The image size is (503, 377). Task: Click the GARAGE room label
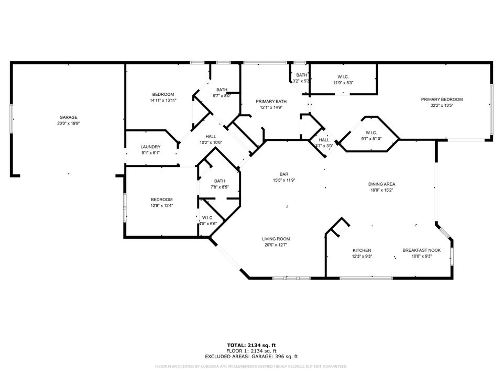(69, 118)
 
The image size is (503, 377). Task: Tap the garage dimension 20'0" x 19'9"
(69, 124)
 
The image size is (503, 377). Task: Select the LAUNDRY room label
(150, 147)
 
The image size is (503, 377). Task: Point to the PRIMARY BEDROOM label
(442, 99)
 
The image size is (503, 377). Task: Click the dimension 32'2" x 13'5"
(442, 105)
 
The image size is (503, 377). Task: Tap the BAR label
(285, 174)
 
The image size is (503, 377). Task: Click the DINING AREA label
(381, 184)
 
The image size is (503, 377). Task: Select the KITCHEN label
(362, 250)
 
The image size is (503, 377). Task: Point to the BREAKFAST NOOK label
(421, 250)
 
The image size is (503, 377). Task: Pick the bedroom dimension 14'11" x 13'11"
(163, 100)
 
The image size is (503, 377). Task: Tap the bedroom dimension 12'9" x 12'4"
(162, 205)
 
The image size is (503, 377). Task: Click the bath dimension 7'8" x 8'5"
(219, 187)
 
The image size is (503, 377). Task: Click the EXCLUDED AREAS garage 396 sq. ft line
(251, 356)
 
